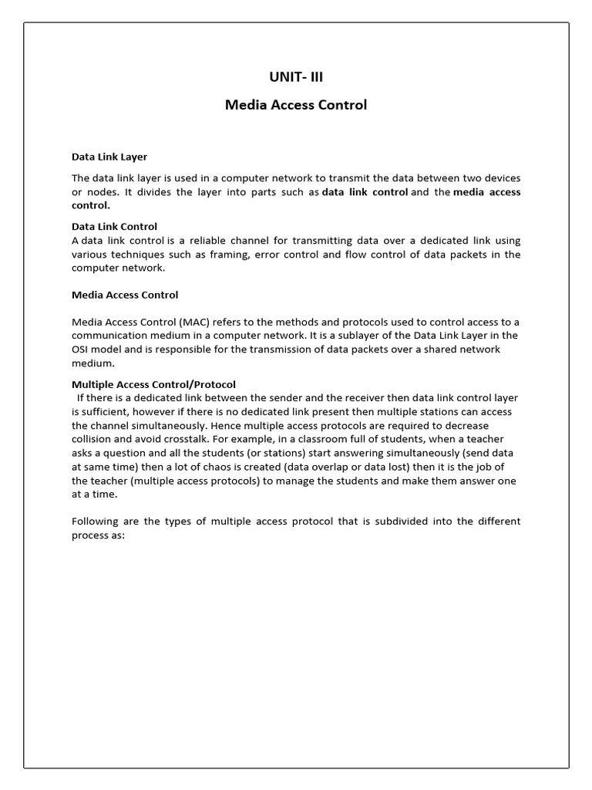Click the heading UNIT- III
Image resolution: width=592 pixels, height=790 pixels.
click(295, 77)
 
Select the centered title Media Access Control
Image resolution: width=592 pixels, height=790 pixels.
click(295, 105)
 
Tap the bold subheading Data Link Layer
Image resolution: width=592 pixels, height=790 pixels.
click(109, 157)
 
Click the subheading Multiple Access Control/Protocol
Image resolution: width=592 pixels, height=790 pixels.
click(153, 384)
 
